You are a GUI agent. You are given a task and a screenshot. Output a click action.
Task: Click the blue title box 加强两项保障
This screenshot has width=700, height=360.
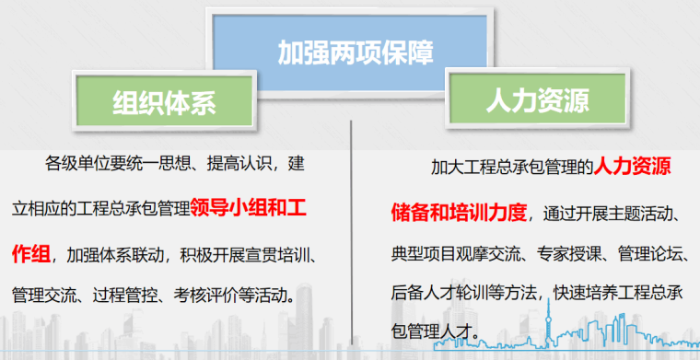(x=350, y=52)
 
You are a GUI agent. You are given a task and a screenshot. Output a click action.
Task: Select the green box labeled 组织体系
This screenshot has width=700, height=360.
(x=164, y=100)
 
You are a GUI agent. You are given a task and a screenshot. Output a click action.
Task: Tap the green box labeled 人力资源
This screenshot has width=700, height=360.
(x=538, y=99)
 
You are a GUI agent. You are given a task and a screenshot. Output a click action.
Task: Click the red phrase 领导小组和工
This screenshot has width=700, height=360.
(x=248, y=207)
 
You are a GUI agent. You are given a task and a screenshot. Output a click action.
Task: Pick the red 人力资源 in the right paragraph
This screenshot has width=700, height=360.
(x=632, y=167)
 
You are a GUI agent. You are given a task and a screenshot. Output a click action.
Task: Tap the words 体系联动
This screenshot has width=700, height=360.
(x=132, y=256)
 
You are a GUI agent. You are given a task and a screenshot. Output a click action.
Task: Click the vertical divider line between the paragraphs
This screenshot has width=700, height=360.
(x=351, y=232)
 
